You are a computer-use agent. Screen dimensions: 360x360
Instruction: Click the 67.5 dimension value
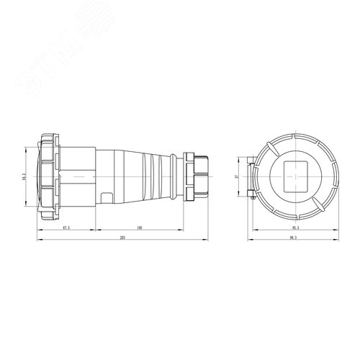[66, 228]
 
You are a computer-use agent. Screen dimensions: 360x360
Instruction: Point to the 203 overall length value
[123, 238]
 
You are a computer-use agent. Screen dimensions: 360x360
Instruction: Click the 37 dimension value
[237, 175]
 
